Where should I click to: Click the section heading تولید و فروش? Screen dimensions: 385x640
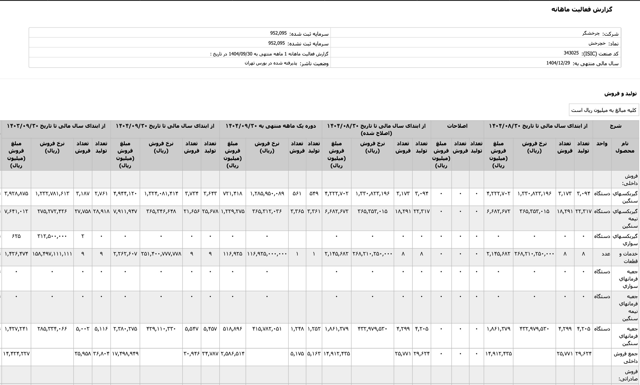tap(620, 94)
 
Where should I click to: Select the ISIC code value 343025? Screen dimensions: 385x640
tap(571, 53)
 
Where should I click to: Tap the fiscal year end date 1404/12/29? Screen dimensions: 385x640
tap(558, 63)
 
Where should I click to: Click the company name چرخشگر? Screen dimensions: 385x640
tap(591, 33)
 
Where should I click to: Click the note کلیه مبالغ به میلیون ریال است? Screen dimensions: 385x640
tap(604, 110)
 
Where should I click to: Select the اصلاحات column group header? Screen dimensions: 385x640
tap(457, 126)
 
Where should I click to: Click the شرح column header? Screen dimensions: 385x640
tap(615, 126)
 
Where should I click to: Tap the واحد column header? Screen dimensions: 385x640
tap(602, 144)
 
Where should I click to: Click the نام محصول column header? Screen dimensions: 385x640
tap(625, 147)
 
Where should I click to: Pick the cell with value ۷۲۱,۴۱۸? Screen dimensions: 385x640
tap(232, 194)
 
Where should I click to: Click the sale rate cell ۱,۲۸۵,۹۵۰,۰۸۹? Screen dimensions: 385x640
tap(267, 194)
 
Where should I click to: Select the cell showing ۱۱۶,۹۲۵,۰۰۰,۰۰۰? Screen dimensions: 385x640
tap(267, 254)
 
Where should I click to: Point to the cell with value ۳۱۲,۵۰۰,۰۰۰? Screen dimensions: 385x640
tap(52, 236)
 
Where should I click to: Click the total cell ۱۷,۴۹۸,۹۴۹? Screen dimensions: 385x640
tap(125, 354)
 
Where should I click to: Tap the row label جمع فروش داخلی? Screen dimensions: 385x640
tap(625, 357)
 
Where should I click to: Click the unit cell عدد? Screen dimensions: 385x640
tap(606, 254)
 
